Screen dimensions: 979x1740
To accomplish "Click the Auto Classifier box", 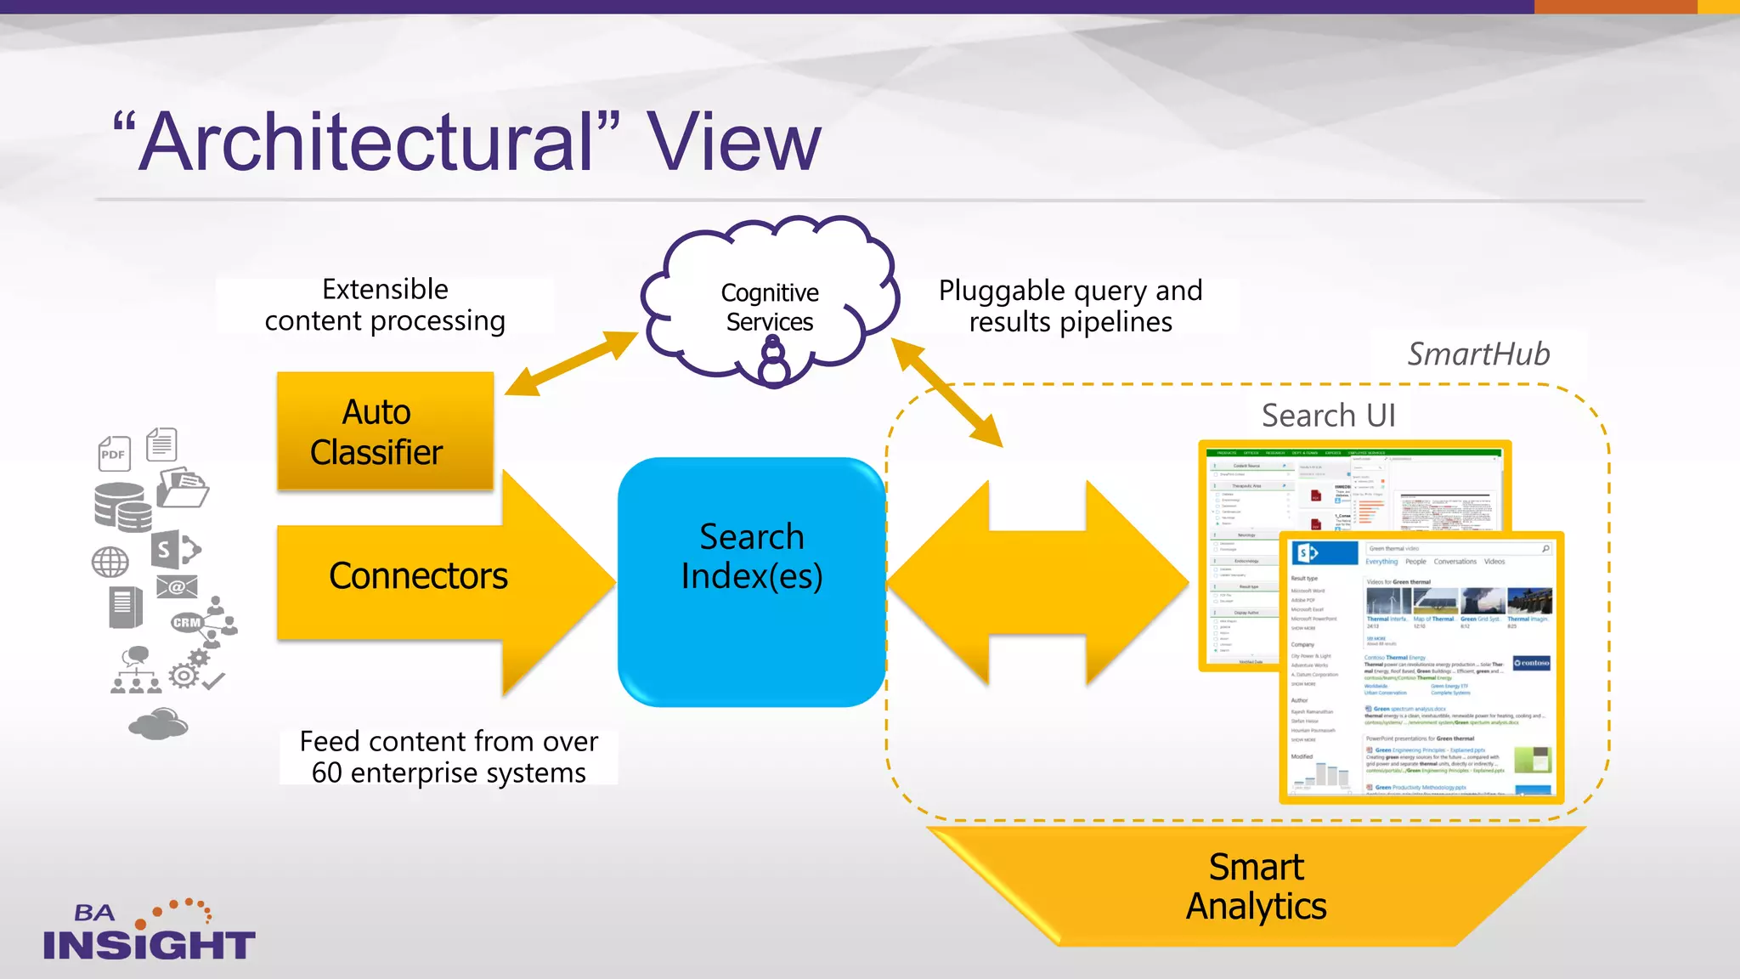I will point(384,432).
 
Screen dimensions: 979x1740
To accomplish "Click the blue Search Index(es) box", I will point(751,582).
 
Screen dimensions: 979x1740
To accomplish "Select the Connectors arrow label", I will point(418,577).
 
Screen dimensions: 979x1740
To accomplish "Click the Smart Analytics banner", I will point(1256,887).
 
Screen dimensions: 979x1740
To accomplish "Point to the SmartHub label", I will point(1478,354).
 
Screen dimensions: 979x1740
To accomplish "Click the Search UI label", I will point(1328,416).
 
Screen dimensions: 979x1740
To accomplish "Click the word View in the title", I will point(734,142).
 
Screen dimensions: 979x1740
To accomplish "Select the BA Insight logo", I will point(150,932).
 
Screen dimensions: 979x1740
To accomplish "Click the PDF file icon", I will point(114,454).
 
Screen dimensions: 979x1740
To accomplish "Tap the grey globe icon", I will point(110,562).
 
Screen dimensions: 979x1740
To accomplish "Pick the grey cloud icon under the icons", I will point(158,724).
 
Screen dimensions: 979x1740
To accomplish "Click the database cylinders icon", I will point(122,507).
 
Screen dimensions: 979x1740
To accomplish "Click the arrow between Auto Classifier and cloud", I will point(572,363).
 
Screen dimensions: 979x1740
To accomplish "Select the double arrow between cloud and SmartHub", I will point(947,392).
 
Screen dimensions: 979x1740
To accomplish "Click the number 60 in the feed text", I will point(326,773).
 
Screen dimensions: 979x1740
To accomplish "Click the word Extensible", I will point(385,289).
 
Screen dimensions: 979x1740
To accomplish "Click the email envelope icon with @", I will point(177,587).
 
